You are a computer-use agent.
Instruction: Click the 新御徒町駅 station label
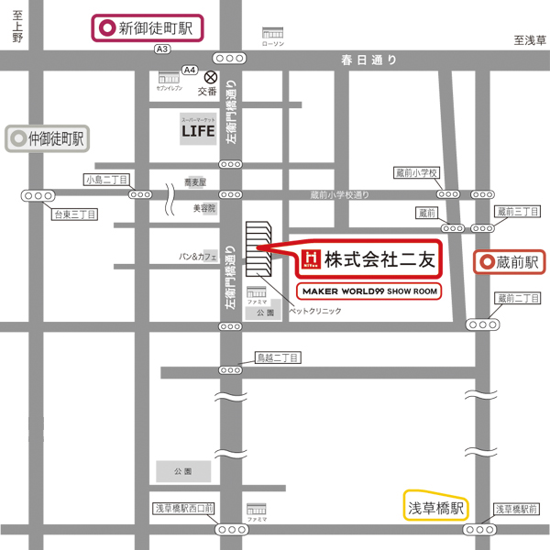click(x=147, y=27)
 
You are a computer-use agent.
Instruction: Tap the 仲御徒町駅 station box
click(x=47, y=139)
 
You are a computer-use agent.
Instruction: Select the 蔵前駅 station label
click(x=510, y=262)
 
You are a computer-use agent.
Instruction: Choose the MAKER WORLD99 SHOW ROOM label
click(x=368, y=291)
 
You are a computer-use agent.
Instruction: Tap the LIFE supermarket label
click(x=197, y=129)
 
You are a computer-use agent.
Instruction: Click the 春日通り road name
click(x=369, y=60)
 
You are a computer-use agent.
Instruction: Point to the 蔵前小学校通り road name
click(x=339, y=194)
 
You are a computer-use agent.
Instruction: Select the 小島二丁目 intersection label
click(x=106, y=180)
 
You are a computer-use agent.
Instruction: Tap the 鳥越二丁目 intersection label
click(x=278, y=357)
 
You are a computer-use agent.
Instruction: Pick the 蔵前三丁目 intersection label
click(x=518, y=212)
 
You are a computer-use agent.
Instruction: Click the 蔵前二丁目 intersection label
click(x=518, y=299)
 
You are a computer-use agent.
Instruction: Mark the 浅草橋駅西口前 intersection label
click(x=183, y=508)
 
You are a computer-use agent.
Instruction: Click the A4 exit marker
click(x=190, y=70)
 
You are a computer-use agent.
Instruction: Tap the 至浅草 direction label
click(x=529, y=40)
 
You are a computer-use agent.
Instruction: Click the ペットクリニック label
click(x=315, y=312)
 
